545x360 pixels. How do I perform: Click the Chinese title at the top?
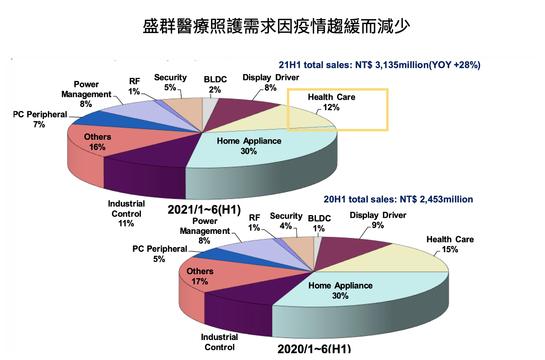coord(276,26)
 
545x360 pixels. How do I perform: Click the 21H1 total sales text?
coord(379,65)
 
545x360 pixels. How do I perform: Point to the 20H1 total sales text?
coord(398,200)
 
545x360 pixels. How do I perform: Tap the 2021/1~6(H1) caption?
coord(204,210)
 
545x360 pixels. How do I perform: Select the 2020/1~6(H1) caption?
coord(314,348)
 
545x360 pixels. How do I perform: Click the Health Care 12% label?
coord(331,102)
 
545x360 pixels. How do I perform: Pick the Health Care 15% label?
coord(450,244)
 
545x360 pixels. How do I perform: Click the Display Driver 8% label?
coord(271,82)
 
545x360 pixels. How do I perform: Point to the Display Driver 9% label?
coord(377,220)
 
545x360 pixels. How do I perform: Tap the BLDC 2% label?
coord(215,85)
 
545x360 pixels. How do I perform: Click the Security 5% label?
coord(170,82)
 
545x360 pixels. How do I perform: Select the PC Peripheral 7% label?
coord(39,119)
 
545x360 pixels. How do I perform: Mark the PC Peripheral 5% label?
coord(159,254)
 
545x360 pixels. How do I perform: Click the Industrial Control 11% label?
coord(126,214)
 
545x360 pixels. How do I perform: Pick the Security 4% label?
coord(286,221)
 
